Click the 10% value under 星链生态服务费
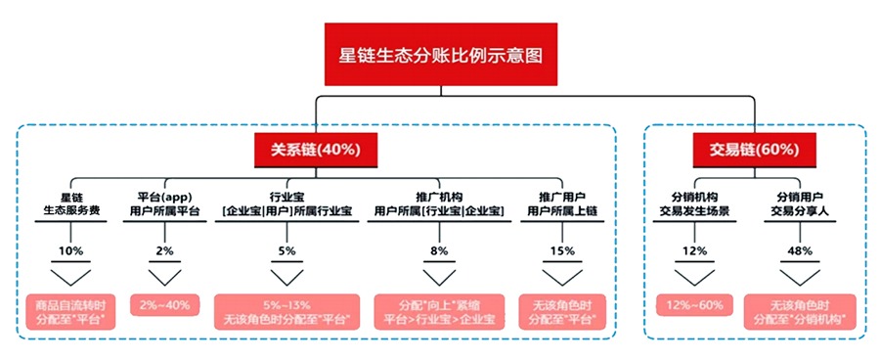(x=71, y=251)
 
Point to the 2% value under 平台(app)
(x=164, y=251)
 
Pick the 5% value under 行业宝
(x=286, y=251)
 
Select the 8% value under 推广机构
(x=439, y=251)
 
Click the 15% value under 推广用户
(x=562, y=251)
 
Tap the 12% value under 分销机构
(x=694, y=251)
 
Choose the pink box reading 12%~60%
(x=694, y=305)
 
